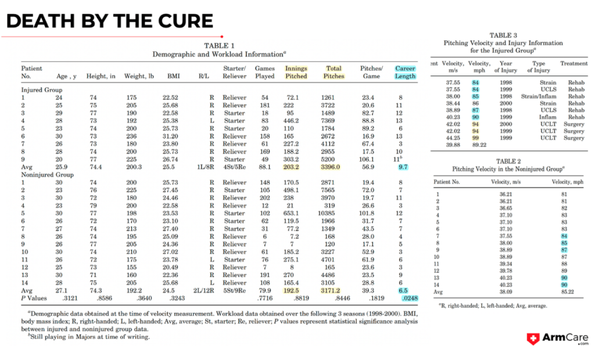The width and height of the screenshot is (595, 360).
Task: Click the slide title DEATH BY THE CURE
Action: (x=110, y=21)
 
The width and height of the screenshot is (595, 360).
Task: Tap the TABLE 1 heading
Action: (x=219, y=45)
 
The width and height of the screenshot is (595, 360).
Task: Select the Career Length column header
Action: (x=405, y=72)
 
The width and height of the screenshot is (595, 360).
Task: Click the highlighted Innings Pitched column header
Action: (x=296, y=72)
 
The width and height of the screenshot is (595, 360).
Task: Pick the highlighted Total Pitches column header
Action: (x=334, y=72)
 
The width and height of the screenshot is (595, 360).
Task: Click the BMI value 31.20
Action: (x=170, y=136)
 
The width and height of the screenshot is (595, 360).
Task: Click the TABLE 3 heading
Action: (x=503, y=35)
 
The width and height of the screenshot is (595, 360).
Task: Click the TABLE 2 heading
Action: (x=503, y=161)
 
